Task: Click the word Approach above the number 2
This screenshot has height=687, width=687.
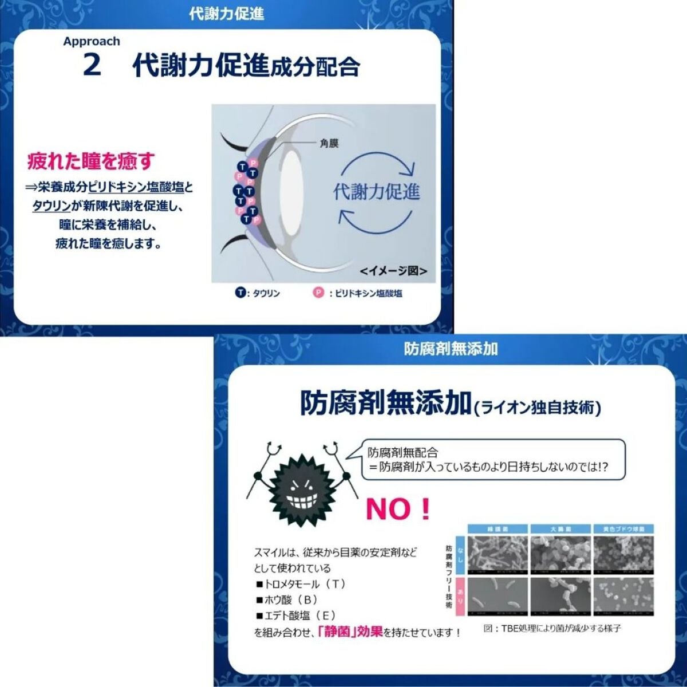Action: tap(92, 41)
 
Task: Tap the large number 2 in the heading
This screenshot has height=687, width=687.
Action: tap(92, 65)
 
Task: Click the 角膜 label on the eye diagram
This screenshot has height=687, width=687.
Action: tap(329, 143)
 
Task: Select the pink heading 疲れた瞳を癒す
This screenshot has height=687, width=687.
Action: tap(91, 161)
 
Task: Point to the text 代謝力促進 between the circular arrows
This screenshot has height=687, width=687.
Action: tap(376, 192)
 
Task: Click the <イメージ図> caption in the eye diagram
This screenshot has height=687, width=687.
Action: tap(393, 271)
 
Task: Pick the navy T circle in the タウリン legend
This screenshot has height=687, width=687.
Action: tap(240, 293)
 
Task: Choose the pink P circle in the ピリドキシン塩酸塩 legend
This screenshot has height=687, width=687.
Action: tap(318, 293)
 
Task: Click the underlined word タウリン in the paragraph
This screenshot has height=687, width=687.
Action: tap(52, 206)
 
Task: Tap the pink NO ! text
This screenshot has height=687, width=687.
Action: tap(397, 509)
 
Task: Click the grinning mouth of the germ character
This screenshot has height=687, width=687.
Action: tap(300, 503)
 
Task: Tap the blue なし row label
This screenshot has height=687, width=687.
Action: tap(460, 554)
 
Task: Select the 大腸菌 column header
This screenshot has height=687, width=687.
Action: tap(560, 530)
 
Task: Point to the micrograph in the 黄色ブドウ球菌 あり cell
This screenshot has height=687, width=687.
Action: tap(623, 596)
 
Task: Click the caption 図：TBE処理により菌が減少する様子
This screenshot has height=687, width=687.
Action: tap(552, 628)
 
